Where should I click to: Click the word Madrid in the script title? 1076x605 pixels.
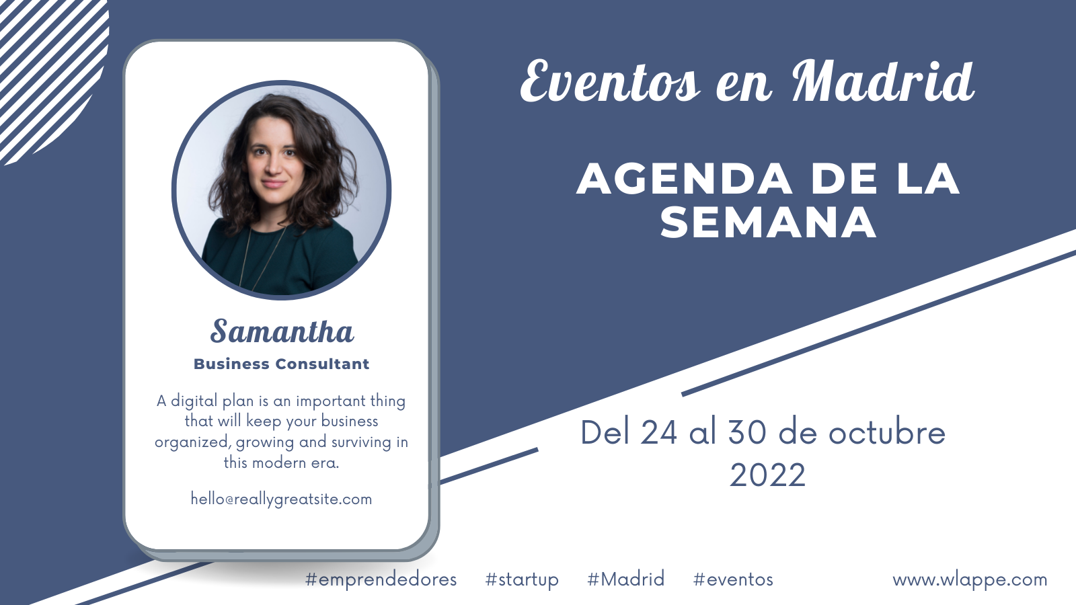click(x=883, y=81)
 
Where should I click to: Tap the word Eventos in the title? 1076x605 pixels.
click(x=610, y=81)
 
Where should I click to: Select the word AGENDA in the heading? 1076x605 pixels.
click(x=685, y=179)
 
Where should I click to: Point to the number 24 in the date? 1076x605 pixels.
click(x=659, y=433)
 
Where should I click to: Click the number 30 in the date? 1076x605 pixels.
click(x=747, y=433)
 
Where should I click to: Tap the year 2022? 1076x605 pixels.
click(x=767, y=475)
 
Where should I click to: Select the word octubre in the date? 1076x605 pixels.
click(x=887, y=432)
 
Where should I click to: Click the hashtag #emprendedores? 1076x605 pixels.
click(x=381, y=579)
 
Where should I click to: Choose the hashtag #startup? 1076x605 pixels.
click(x=522, y=579)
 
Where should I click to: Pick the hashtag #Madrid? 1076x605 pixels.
click(x=626, y=579)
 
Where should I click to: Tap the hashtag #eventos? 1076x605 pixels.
click(x=733, y=579)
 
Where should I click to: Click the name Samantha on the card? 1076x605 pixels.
click(x=282, y=331)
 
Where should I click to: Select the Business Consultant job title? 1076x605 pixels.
click(x=282, y=364)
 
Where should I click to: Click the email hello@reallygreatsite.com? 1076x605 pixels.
click(x=282, y=499)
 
